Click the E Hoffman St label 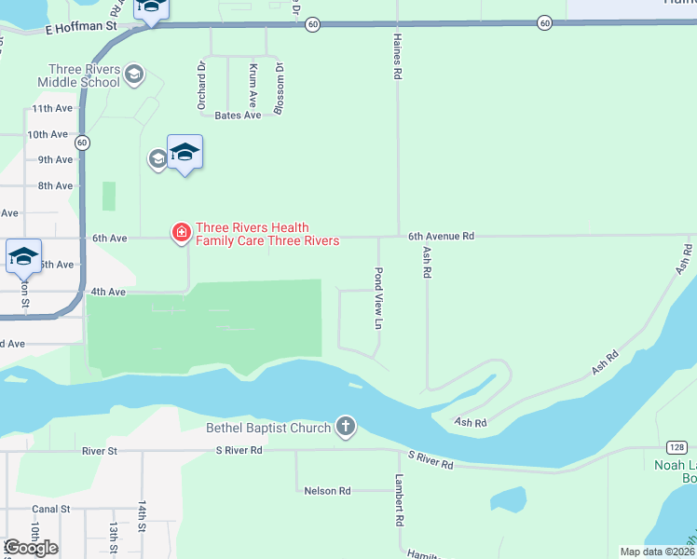coord(80,28)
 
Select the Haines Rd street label coord(398,63)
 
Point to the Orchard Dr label coord(201,87)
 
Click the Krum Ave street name coord(253,89)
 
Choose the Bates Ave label coord(238,116)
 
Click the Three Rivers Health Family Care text coord(266,234)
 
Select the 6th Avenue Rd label coord(441,238)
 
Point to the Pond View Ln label coord(378,299)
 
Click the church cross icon coord(345,427)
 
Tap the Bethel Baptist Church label coord(268,429)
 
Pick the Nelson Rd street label coord(328,490)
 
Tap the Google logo coord(30,548)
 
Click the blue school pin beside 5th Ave coord(22,257)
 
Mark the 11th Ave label coord(51,108)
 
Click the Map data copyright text coord(657,552)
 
